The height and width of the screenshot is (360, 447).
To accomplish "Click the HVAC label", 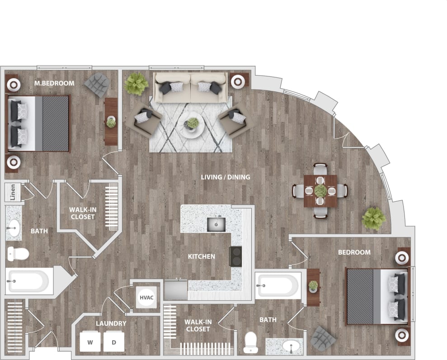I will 146,298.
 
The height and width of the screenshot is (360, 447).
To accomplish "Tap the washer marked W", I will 90,342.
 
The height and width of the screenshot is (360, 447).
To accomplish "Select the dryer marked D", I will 114,342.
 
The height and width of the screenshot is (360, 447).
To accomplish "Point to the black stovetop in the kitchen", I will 235,256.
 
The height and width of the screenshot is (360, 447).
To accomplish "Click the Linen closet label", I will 13,193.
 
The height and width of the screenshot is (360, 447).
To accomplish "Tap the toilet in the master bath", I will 17,253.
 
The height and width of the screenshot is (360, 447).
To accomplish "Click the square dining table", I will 320,190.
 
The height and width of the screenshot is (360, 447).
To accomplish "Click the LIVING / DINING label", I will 226,177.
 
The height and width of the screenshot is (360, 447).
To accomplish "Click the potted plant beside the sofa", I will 136,84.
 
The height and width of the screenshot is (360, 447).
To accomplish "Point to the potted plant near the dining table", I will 374,218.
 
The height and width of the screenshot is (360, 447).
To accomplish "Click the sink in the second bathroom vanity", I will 290,346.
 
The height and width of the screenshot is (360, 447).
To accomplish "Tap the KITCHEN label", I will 202,256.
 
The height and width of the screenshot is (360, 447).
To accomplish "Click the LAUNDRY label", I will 111,323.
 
